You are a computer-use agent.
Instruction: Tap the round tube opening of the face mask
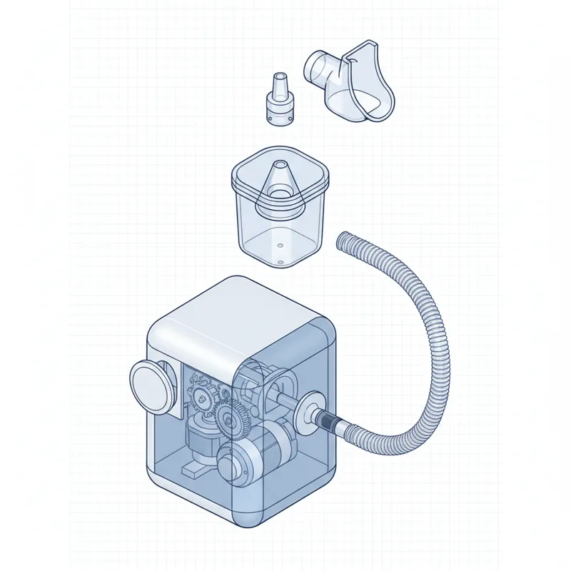point(315,69)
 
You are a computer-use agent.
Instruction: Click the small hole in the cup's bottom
point(280,263)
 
